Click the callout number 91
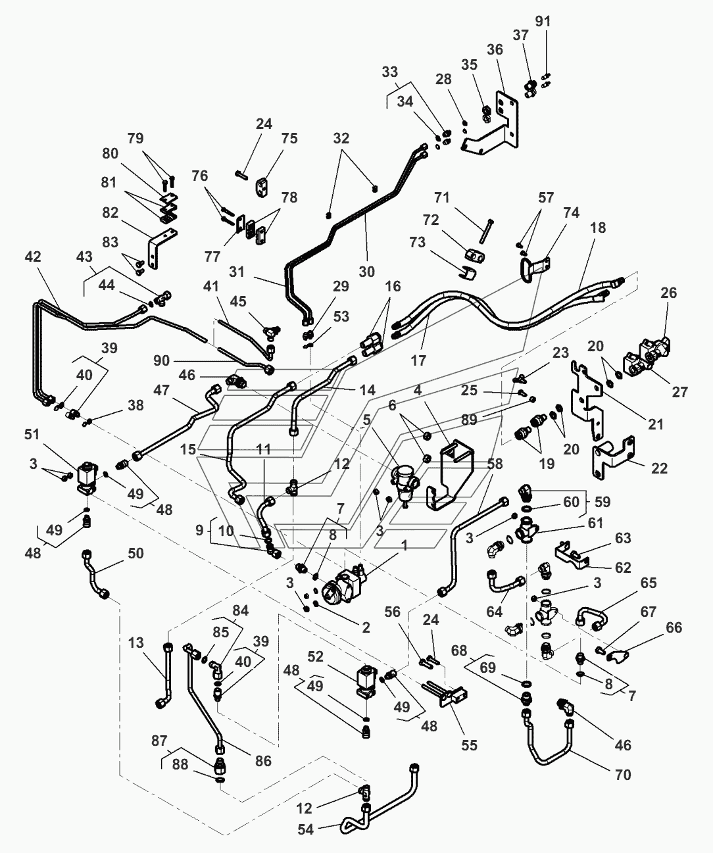tap(543, 21)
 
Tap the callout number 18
tap(598, 228)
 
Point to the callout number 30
tap(366, 271)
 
